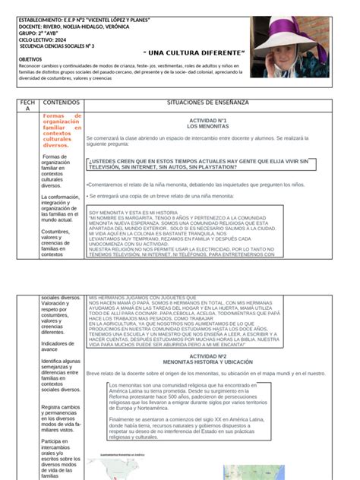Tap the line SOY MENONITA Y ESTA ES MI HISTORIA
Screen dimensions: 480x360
pos(133,213)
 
